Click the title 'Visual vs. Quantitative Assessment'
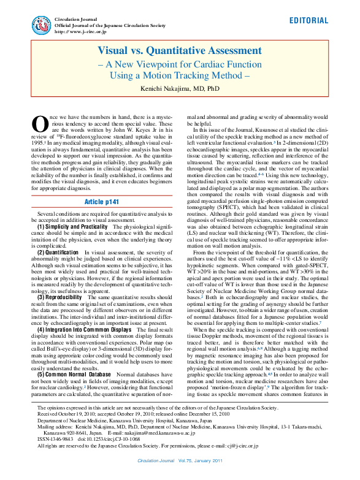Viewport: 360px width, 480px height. tap(180, 50)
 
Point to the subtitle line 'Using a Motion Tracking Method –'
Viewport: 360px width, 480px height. tap(180, 75)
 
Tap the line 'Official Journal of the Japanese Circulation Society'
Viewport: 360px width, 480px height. tap(110, 26)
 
